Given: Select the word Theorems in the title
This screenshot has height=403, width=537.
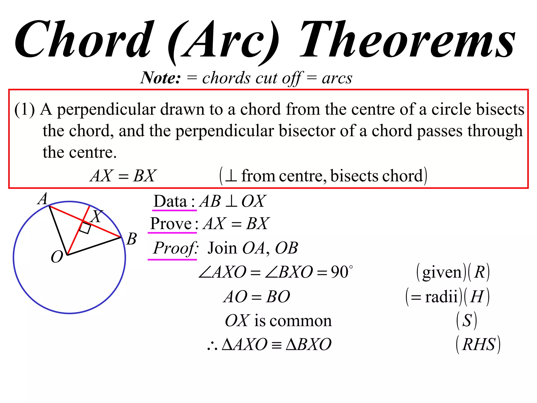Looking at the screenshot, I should point(408,39).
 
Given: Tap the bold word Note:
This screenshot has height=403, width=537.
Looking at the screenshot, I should point(160,78).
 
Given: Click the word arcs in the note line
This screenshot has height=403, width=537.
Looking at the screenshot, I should point(337,78).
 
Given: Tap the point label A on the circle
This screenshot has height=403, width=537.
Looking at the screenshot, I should point(43,199).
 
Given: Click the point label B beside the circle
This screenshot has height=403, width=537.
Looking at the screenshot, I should point(132,239).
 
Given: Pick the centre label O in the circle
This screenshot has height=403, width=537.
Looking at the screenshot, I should point(57,257).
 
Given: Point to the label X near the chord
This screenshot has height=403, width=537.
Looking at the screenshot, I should point(97,216).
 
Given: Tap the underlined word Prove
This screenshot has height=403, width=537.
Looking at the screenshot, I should point(171,224).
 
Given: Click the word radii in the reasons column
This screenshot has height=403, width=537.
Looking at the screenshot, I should point(441,297).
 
